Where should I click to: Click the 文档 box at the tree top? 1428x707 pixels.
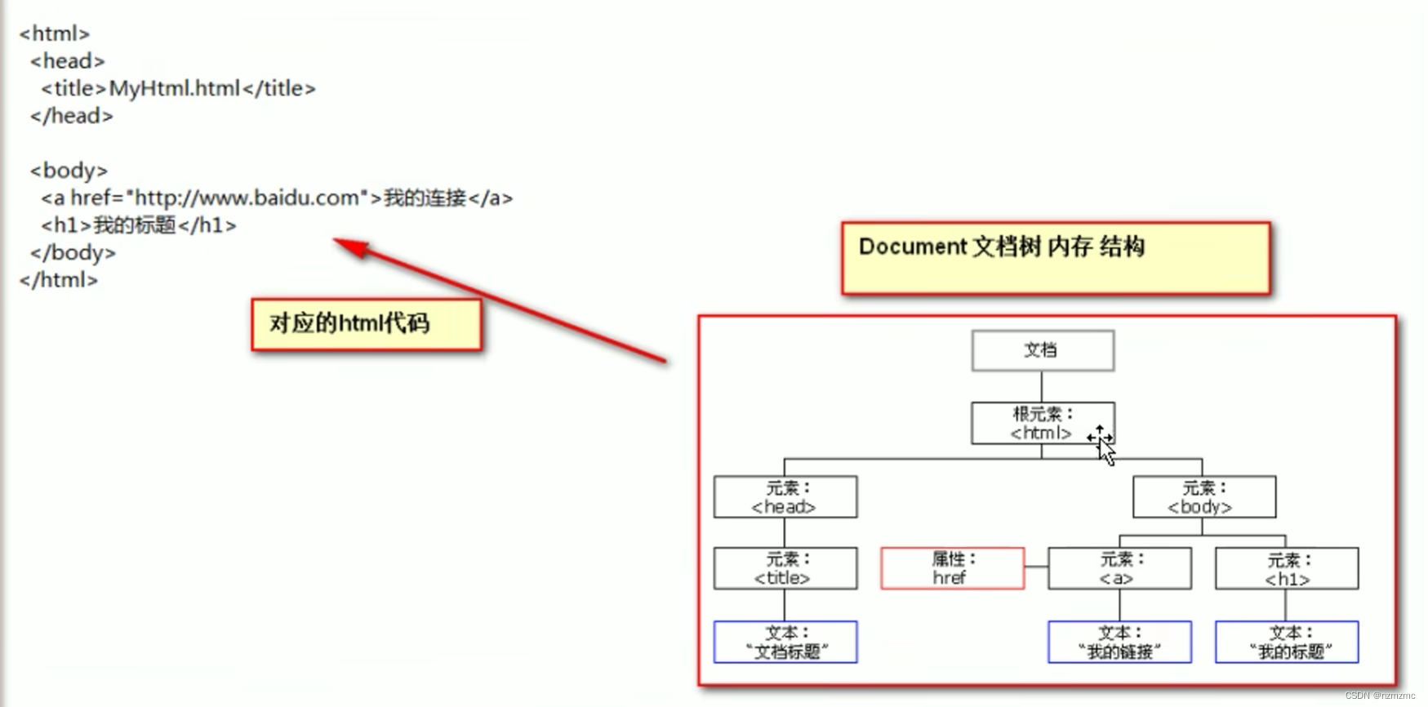(x=1043, y=350)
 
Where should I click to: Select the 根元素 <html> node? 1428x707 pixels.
(x=1042, y=423)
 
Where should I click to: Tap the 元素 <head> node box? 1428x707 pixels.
(x=785, y=497)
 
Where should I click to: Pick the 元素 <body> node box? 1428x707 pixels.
(x=1203, y=497)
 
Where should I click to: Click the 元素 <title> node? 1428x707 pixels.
(x=785, y=568)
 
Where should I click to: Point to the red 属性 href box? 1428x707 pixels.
(x=952, y=568)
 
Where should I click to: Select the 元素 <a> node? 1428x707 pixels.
(x=1119, y=568)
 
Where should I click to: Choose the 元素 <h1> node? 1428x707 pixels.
(x=1287, y=568)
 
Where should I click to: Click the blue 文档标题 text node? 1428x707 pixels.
(x=785, y=642)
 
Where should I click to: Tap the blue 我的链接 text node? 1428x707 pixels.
(x=1119, y=642)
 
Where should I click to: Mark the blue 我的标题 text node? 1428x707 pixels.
(x=1287, y=642)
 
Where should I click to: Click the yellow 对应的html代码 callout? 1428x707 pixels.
(x=367, y=324)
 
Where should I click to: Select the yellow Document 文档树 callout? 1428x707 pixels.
(x=1056, y=257)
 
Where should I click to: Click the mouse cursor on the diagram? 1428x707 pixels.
(x=1102, y=443)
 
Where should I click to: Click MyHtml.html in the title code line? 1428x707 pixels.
(x=175, y=88)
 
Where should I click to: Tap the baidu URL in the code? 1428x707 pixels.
(x=247, y=198)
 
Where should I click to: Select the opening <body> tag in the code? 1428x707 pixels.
(x=69, y=171)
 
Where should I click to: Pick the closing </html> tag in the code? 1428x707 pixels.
(x=59, y=280)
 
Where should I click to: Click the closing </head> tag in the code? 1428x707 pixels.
(x=72, y=116)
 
